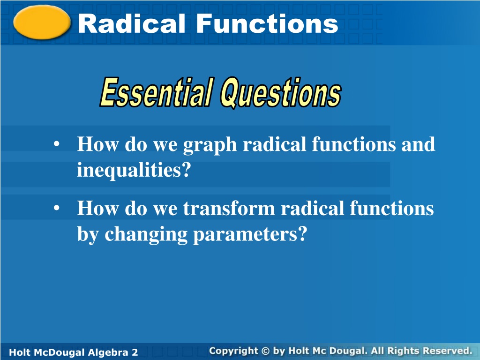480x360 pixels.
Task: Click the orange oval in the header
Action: click(x=42, y=22)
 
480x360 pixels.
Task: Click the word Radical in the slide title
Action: click(x=132, y=23)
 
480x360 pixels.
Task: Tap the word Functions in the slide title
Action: click(x=267, y=23)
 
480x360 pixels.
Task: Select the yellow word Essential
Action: click(x=156, y=92)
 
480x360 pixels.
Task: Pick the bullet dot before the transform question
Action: click(x=56, y=208)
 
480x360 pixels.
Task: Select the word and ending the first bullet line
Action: click(x=418, y=144)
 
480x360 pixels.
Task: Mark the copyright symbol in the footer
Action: click(x=265, y=351)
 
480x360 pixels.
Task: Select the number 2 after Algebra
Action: click(x=135, y=352)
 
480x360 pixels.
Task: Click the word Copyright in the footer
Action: click(x=233, y=351)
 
